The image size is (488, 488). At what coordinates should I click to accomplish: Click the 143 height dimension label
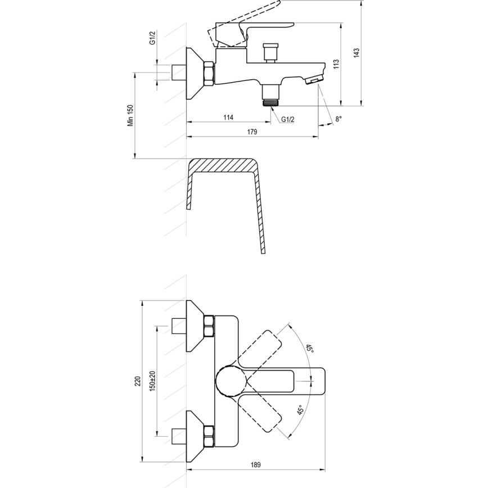pos(356,52)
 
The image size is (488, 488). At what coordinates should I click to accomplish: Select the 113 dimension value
pos(336,64)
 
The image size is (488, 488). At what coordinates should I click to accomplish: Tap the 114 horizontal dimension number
pos(228,118)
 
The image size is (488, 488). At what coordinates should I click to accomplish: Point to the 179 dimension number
pos(252,132)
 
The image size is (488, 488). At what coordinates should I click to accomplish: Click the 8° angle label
pos(338,119)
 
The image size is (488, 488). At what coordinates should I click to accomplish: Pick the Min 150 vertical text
pos(129,115)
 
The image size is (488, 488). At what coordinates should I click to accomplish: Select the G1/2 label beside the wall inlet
pos(152,38)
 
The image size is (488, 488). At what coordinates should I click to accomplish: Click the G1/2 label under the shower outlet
pos(288,119)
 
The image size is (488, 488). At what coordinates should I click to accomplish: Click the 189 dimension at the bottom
pos(256,465)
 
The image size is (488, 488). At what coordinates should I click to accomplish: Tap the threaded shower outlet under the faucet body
pos(272,102)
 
